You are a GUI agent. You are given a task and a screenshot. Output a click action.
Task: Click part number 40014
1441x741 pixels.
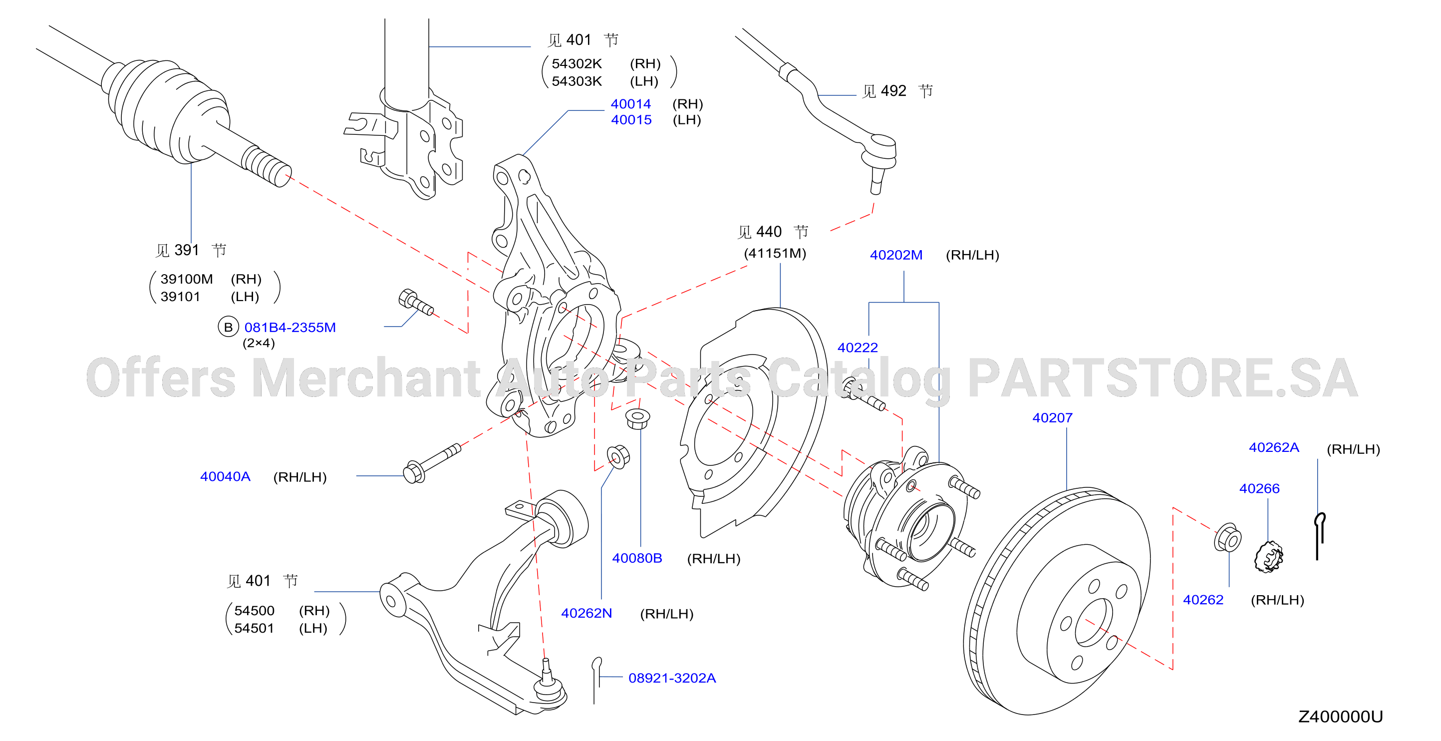click(630, 103)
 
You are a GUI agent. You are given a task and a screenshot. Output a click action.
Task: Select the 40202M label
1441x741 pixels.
click(895, 255)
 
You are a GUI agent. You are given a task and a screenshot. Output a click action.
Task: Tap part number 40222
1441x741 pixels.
click(857, 348)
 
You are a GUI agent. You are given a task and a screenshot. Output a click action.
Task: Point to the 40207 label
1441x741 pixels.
click(1052, 417)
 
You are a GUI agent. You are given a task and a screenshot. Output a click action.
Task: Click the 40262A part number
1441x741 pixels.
click(1274, 447)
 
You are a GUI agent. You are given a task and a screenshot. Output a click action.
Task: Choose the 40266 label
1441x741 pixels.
click(1259, 488)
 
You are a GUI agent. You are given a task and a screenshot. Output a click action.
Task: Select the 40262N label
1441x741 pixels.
click(586, 613)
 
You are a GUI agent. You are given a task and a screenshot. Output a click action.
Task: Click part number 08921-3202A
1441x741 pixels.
click(672, 678)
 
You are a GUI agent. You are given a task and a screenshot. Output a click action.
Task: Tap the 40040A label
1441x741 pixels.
click(225, 476)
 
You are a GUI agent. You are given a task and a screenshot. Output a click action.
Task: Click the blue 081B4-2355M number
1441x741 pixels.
click(290, 328)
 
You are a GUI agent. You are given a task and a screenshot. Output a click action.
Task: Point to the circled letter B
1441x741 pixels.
click(228, 328)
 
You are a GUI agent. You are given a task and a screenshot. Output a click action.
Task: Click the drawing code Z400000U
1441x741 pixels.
click(1340, 717)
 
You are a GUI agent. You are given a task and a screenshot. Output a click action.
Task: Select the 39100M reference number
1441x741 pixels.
click(186, 279)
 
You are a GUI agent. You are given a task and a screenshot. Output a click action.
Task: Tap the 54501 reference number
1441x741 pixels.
click(254, 628)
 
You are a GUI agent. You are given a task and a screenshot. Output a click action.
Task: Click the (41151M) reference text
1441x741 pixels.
click(775, 253)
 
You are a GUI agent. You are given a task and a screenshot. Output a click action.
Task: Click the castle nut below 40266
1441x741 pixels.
click(1268, 557)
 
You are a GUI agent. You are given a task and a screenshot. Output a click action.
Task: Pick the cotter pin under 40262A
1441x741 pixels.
click(1319, 536)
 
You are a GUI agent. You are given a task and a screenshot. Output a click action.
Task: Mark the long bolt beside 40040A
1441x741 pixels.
click(432, 463)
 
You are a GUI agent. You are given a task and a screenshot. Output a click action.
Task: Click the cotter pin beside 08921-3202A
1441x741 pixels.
click(596, 680)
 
